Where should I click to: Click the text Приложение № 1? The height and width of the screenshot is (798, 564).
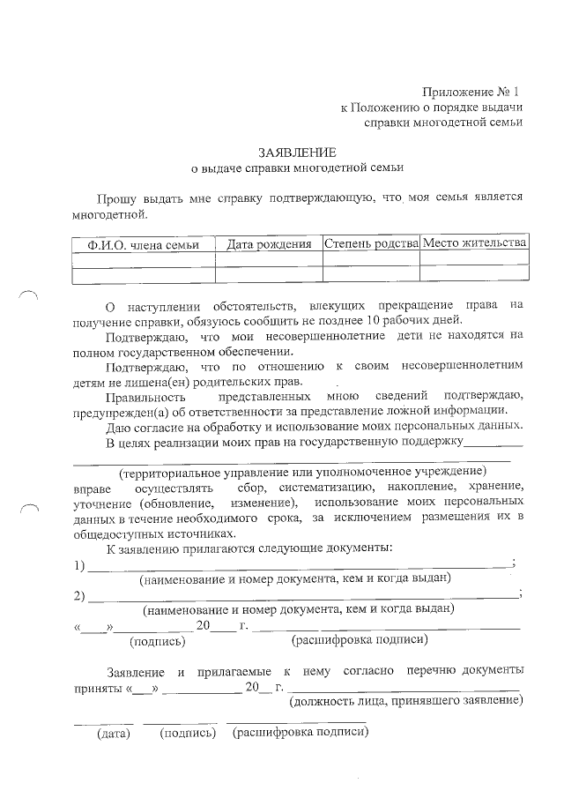tap(471, 92)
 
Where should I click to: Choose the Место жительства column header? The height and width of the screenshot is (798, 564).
tap(474, 242)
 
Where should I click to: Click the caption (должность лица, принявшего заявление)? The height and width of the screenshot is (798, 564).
tap(405, 700)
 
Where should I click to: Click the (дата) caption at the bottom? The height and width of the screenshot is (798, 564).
tap(114, 734)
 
